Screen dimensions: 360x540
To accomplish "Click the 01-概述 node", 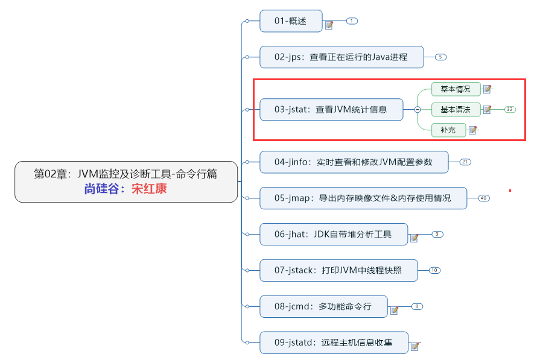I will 291,21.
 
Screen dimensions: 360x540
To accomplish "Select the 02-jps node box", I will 341,57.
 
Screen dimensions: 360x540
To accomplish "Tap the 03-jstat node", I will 331,110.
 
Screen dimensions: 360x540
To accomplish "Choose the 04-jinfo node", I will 354,162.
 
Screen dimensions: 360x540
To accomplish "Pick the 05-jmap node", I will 363,198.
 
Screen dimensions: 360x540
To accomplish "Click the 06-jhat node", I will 333,234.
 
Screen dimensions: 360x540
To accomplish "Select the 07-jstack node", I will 338,270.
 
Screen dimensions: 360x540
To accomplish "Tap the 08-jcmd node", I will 323,306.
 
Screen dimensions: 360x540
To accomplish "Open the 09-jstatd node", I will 334,343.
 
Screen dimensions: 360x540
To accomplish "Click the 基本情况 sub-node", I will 456,89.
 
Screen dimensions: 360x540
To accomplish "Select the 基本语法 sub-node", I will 456,110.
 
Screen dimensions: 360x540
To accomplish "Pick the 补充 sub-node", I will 448,130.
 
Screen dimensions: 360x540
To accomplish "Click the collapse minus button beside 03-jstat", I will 417,110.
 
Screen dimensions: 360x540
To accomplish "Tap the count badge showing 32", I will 510,110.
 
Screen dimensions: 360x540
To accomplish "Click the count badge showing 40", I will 484,198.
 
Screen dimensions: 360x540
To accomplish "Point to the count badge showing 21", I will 465,162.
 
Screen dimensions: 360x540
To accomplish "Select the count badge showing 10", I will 434,270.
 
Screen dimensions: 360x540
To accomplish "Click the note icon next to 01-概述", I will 329,25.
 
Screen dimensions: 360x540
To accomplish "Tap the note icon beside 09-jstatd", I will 415,347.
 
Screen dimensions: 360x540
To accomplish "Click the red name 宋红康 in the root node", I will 149,189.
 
